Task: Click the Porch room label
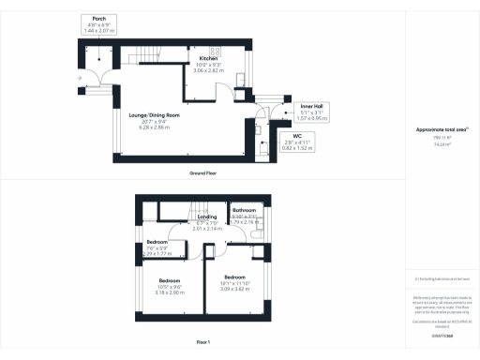point(98,18)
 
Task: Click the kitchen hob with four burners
point(215,52)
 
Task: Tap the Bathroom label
point(245,210)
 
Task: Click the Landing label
point(207,217)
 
